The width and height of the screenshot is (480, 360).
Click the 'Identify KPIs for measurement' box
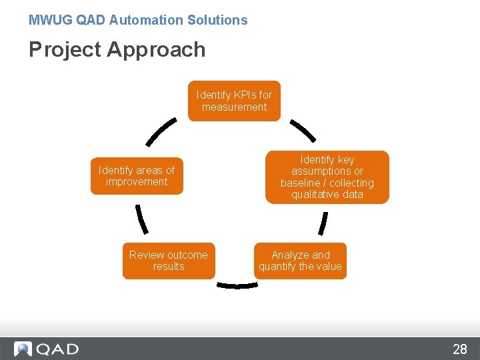tap(234, 101)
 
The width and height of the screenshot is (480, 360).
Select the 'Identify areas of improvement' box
tap(137, 176)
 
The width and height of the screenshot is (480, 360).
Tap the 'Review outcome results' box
tap(169, 261)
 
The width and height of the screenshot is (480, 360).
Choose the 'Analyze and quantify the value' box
tap(300, 261)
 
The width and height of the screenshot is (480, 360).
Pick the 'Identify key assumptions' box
tap(327, 177)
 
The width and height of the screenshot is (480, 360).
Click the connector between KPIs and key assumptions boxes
tap(303, 131)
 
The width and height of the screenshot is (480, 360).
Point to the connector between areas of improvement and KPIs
tap(161, 131)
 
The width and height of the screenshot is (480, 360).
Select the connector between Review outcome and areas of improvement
tap(141, 218)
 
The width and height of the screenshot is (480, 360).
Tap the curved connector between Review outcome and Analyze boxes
tap(237, 285)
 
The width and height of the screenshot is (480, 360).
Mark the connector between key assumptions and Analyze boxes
tap(323, 223)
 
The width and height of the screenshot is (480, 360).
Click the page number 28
tap(460, 349)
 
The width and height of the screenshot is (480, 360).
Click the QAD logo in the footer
tap(47, 349)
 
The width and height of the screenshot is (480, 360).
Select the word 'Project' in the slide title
tap(64, 49)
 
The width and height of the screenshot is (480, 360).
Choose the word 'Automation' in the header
tap(140, 20)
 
